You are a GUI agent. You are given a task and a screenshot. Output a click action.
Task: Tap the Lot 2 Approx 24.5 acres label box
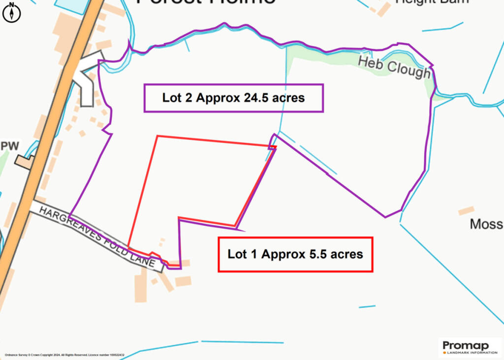[233, 98]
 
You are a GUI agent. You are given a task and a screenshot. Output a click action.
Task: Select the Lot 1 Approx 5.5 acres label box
[295, 254]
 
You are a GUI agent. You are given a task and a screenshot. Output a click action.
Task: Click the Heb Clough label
[394, 67]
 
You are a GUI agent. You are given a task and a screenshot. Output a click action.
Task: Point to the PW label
[10, 146]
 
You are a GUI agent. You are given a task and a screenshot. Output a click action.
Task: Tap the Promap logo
[470, 345]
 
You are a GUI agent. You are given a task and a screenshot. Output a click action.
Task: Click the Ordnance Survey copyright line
[64, 355]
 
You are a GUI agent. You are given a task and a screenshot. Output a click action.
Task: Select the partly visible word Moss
[486, 224]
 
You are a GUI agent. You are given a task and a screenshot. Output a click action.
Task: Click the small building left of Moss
[466, 211]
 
